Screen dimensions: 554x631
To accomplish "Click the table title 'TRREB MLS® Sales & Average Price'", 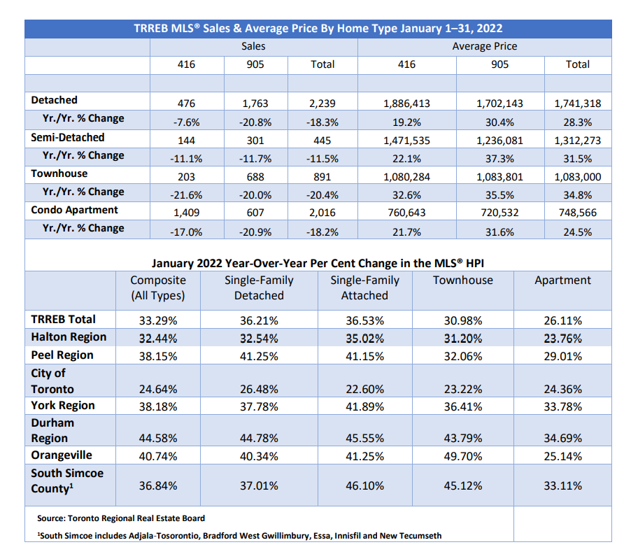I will click(x=318, y=29).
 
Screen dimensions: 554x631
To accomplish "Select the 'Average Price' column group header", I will click(x=484, y=46).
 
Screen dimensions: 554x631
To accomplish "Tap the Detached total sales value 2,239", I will click(x=322, y=104).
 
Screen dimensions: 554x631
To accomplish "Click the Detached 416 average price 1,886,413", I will click(x=406, y=104).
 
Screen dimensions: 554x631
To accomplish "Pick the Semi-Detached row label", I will click(x=68, y=137).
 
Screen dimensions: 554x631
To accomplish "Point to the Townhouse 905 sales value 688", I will click(x=255, y=177).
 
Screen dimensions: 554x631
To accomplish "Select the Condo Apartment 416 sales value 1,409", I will click(x=186, y=213).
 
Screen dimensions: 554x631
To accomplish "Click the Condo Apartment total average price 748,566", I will click(x=577, y=213).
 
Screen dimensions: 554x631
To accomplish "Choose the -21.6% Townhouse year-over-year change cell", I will click(x=186, y=195).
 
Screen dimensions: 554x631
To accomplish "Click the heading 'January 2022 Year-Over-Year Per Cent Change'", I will click(x=318, y=263).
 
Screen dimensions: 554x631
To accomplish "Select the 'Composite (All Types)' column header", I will click(x=158, y=287).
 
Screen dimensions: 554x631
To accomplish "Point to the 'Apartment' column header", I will click(x=562, y=280).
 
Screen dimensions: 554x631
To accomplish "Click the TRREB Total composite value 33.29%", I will click(x=158, y=320).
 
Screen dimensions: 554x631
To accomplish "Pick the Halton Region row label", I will click(x=69, y=336).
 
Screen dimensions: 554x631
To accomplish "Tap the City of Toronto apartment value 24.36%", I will click(x=562, y=389).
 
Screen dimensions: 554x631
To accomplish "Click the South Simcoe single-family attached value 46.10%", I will click(x=364, y=485).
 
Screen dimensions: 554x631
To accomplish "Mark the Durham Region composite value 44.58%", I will click(x=158, y=439).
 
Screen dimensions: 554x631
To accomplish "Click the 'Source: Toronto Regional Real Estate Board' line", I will click(x=121, y=518).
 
